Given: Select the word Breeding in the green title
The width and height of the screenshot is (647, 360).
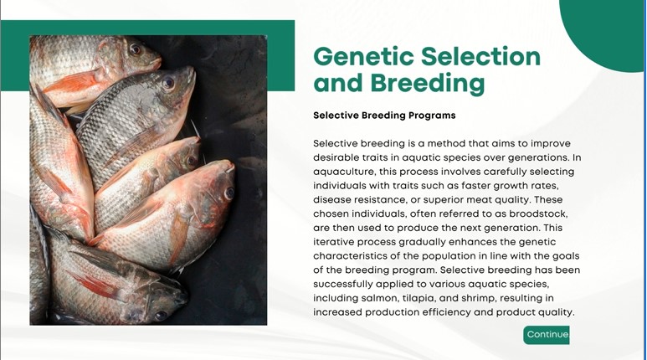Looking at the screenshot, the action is tap(428, 83).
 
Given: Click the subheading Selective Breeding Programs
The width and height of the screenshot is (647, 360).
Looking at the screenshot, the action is tap(384, 116).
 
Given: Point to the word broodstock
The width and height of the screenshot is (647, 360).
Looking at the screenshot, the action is tap(538, 213).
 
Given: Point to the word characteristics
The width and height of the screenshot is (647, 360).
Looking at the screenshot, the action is tap(350, 256).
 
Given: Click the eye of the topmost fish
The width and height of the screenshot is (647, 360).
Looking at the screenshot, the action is tap(135, 50).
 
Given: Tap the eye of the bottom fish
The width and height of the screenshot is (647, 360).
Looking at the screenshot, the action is tap(161, 315).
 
